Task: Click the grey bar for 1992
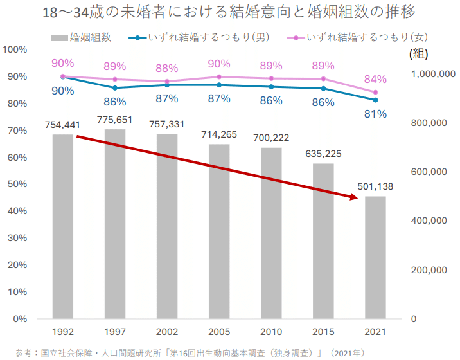tap(63, 226)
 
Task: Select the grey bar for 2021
tap(375, 257)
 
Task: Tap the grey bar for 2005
tap(219, 231)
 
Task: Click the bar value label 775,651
tap(115, 120)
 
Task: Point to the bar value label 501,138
tap(375, 186)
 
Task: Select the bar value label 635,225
tap(323, 154)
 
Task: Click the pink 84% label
tap(375, 80)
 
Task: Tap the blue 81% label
tap(375, 114)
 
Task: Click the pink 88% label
tap(167, 69)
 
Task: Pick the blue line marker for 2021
tap(375, 100)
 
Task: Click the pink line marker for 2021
tap(375, 93)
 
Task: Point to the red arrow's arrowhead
tap(353, 197)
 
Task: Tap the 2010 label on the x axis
tap(271, 332)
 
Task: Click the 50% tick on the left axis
tap(17, 184)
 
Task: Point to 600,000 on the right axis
tap(429, 172)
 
